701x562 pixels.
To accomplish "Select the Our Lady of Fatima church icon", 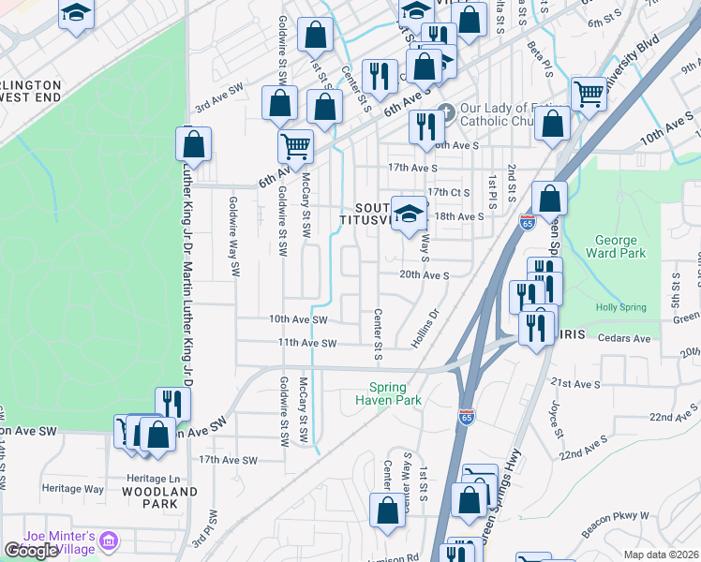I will coord(446,111).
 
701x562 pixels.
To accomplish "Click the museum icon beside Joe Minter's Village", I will coord(110,540).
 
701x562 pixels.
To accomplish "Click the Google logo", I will coord(31,551).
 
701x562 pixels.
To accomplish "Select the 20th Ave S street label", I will coord(425,275).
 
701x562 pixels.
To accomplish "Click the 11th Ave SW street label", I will coord(306,343).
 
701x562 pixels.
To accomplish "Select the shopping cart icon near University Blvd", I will coord(589,93).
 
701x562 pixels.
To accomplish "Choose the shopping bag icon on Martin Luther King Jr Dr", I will coord(193,145).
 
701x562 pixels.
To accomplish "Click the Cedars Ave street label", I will coord(623,338).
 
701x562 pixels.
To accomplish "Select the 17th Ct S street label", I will coord(447,192).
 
